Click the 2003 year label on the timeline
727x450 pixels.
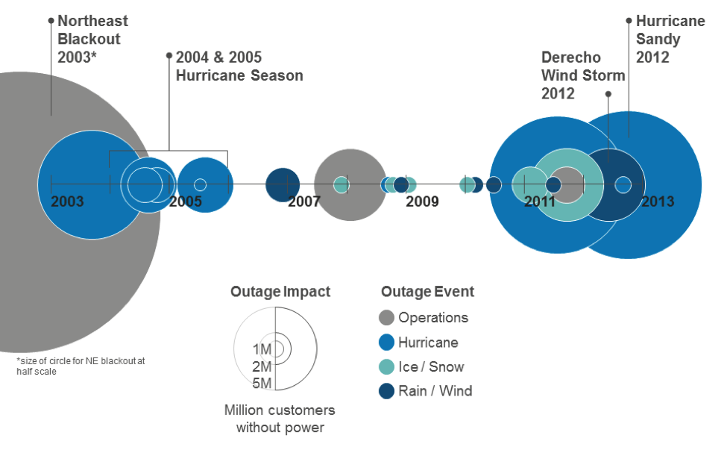[67, 201]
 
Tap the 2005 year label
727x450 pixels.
[186, 201]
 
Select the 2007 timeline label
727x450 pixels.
[304, 201]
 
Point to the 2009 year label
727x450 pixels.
[422, 201]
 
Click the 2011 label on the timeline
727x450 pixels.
[540, 201]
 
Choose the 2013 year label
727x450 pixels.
[658, 201]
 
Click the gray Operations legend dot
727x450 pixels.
[387, 318]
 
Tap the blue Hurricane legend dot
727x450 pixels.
[387, 343]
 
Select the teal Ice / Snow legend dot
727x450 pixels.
[387, 366]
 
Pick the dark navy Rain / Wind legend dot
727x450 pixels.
[387, 391]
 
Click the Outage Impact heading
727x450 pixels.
[280, 292]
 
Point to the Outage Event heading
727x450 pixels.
[427, 292]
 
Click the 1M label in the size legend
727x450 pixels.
[262, 349]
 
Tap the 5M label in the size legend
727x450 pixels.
[262, 383]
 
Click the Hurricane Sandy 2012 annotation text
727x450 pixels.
[670, 39]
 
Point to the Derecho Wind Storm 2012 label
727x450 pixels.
[583, 75]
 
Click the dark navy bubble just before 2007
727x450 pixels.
[283, 185]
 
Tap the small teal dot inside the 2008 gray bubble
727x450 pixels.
[342, 185]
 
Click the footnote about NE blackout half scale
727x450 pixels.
[81, 366]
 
